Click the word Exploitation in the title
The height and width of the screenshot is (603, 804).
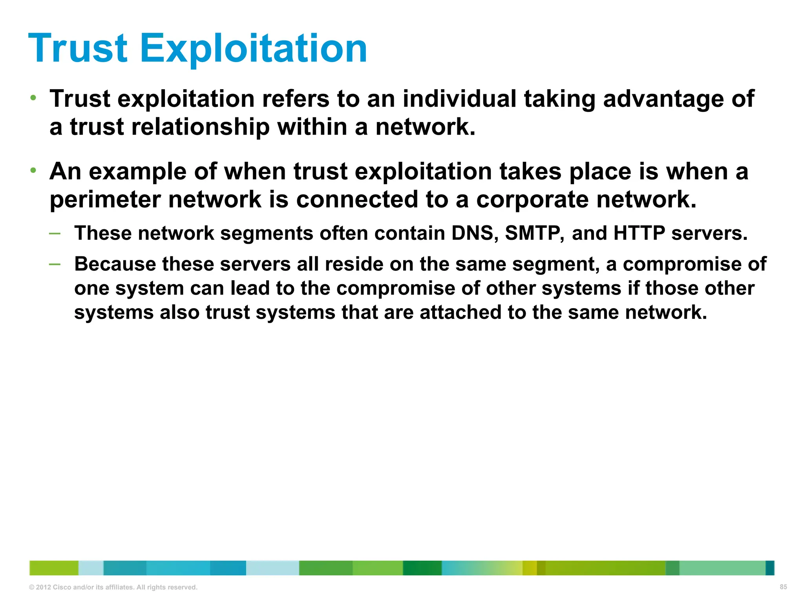tap(254, 49)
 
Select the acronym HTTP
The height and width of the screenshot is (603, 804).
tap(639, 233)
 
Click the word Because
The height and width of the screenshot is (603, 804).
tap(115, 264)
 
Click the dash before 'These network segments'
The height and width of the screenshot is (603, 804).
tap(55, 234)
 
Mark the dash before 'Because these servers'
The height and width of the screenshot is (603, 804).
tap(55, 264)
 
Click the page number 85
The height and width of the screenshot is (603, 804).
tap(783, 587)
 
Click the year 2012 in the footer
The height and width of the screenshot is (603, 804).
tap(44, 587)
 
